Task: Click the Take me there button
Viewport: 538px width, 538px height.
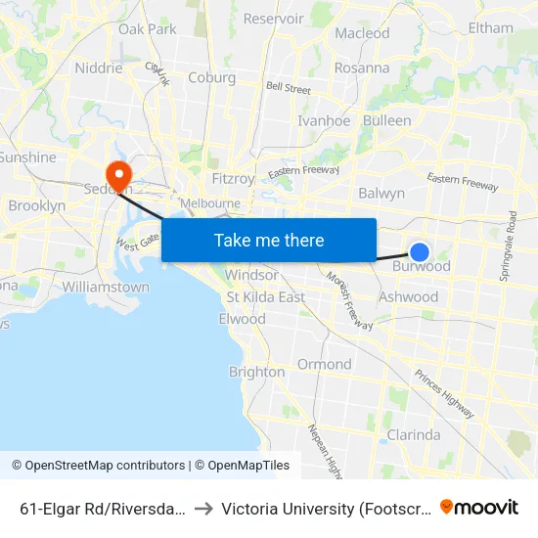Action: click(x=269, y=240)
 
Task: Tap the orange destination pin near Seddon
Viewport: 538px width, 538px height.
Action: click(x=119, y=176)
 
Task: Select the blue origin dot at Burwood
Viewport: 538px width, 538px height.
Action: click(x=420, y=252)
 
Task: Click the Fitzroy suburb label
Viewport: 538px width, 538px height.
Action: click(x=233, y=179)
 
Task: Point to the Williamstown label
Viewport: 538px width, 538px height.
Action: click(x=106, y=288)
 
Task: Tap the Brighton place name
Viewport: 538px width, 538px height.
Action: click(x=256, y=372)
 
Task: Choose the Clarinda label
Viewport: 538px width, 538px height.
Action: click(x=413, y=434)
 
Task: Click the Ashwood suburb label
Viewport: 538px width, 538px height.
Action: click(x=408, y=296)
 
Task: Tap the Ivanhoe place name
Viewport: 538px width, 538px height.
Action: click(x=324, y=121)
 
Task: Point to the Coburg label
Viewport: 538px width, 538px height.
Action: click(x=211, y=78)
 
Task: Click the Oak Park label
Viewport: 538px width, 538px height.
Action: click(x=147, y=29)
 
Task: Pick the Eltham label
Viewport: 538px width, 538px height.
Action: click(x=490, y=27)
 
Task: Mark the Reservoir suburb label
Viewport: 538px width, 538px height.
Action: click(x=273, y=19)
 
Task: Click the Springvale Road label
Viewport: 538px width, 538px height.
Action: click(x=510, y=245)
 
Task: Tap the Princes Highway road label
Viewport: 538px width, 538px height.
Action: click(x=445, y=394)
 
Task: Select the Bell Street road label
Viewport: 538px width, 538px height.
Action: click(x=289, y=89)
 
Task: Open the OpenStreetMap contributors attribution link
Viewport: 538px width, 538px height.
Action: click(x=99, y=466)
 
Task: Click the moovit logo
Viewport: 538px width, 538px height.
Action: click(x=479, y=507)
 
